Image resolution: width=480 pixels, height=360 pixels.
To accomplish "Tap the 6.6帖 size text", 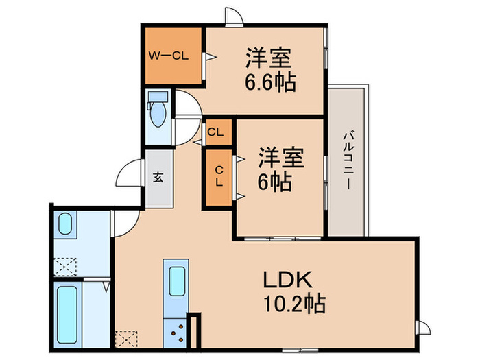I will (270, 82).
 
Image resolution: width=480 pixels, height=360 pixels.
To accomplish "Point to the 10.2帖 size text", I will (293, 302).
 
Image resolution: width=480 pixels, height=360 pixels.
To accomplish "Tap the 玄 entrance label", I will (158, 178).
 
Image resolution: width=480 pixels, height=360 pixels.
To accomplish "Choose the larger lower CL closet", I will (219, 177).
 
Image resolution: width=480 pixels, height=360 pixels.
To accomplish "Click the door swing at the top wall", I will (233, 17).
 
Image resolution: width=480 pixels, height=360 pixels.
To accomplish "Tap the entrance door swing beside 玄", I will (129, 174).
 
